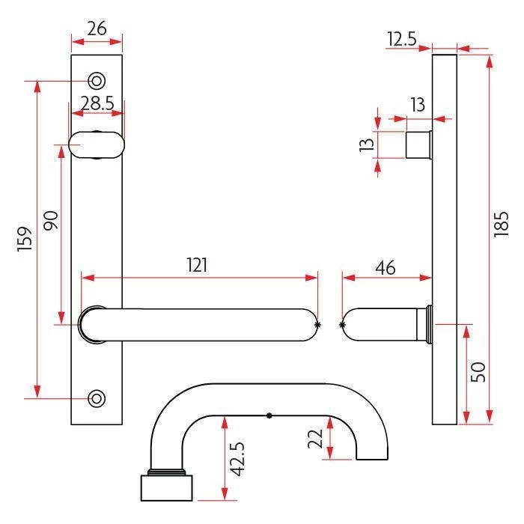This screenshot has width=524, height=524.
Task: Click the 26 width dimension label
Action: [97, 28]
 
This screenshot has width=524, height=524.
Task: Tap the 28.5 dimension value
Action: [97, 103]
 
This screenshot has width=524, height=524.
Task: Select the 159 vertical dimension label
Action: [25, 239]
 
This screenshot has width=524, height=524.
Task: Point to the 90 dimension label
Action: [51, 221]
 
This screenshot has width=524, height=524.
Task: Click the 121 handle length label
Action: [197, 265]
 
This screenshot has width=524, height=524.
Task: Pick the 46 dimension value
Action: [386, 268]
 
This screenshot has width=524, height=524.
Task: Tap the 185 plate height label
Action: [501, 225]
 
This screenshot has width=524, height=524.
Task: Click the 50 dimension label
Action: [478, 372]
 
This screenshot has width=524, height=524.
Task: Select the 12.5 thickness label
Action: [402, 39]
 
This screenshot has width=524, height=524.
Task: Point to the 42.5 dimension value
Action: [238, 458]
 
